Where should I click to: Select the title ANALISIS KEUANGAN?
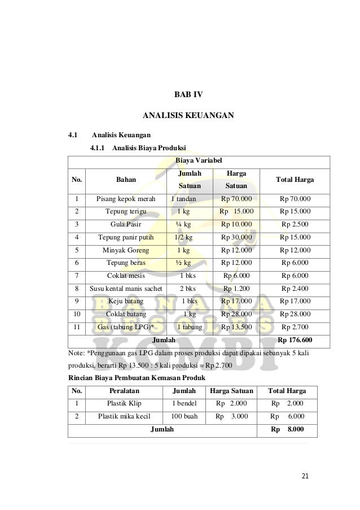(x=188, y=116)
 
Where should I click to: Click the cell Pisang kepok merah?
(x=125, y=199)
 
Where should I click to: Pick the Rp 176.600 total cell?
(x=295, y=341)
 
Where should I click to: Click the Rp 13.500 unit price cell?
(x=236, y=327)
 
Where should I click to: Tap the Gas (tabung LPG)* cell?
(x=126, y=327)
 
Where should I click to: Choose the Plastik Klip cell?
(x=124, y=403)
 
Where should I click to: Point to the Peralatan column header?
(x=124, y=390)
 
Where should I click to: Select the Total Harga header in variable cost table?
(x=295, y=180)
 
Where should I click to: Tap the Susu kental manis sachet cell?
(x=126, y=288)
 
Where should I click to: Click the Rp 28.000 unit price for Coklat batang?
(x=236, y=314)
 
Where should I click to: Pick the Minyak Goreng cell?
(x=126, y=250)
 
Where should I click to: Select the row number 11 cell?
(x=76, y=327)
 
